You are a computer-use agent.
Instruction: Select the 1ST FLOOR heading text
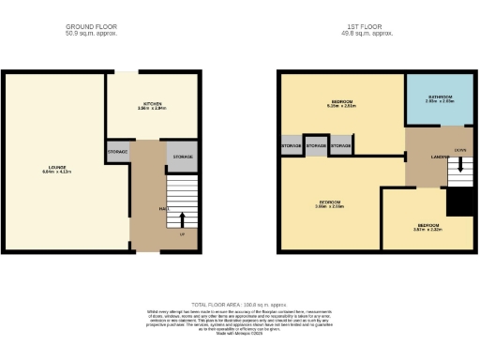[x=367, y=26]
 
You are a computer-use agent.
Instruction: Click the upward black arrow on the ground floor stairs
[x=181, y=220]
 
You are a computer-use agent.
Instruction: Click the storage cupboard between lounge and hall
[x=117, y=152]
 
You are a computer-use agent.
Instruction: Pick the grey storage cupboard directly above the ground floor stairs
[x=182, y=157]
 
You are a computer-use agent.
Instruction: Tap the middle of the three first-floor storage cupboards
[x=316, y=147]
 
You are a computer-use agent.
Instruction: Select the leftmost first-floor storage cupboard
[x=291, y=147]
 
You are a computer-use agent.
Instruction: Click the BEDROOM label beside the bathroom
[x=341, y=103]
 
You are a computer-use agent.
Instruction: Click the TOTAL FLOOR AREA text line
[x=239, y=305]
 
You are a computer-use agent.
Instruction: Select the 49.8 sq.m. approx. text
[x=367, y=34]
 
